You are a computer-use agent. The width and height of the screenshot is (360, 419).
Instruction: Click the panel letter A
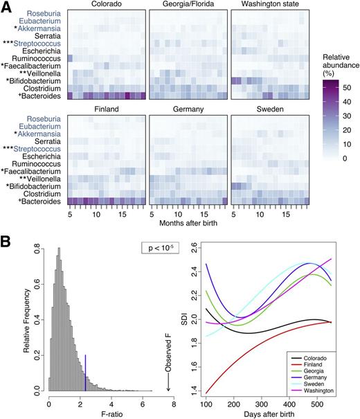tap(6, 7)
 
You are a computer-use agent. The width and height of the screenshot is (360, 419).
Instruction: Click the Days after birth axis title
tap(267, 414)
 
